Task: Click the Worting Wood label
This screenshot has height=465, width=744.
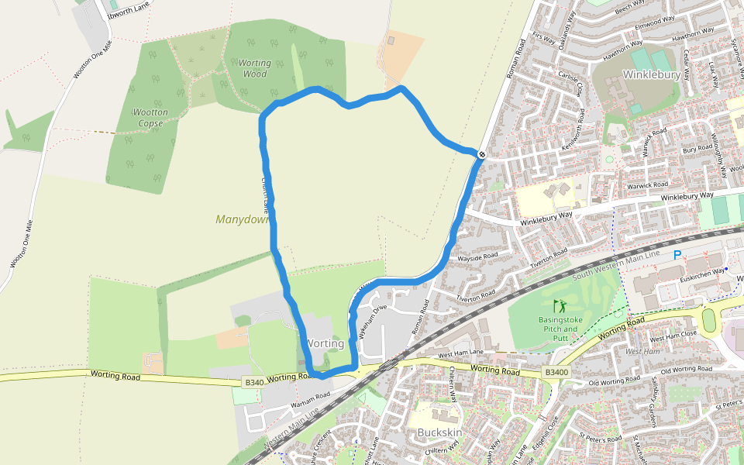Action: coord(254,68)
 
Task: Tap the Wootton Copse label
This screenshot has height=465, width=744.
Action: coord(150,118)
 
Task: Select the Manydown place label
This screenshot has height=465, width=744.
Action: coord(241,219)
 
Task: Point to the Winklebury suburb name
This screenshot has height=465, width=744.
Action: coord(652,75)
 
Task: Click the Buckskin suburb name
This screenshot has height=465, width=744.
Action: coord(439,432)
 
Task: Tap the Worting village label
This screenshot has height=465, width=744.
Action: coord(325,343)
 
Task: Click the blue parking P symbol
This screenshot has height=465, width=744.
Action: coord(677,255)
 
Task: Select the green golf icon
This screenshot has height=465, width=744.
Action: coord(560,305)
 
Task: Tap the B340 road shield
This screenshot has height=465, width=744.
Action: coord(253,382)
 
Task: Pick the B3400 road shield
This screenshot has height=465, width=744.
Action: coord(556,373)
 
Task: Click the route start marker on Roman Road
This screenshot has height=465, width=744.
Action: coord(482,155)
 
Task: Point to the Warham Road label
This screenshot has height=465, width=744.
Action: coord(310,399)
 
